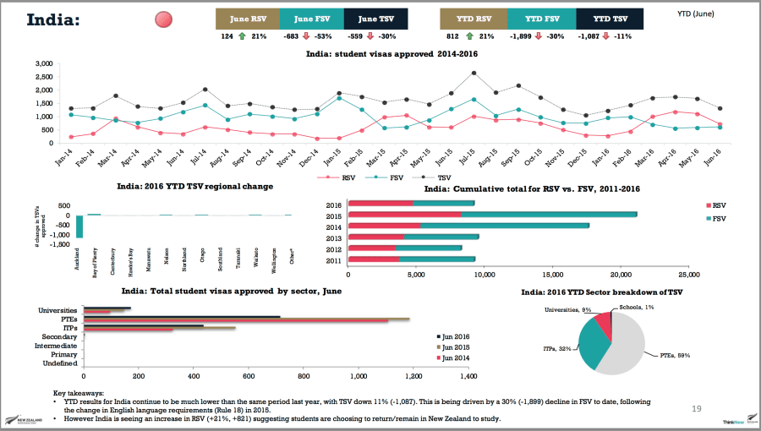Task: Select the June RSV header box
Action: point(249,19)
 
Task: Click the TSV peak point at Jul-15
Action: point(474,73)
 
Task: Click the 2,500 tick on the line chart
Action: point(44,77)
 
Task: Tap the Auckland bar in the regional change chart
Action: point(79,226)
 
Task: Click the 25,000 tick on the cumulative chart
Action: point(688,275)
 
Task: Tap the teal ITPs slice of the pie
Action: point(594,346)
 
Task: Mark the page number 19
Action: point(697,409)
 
